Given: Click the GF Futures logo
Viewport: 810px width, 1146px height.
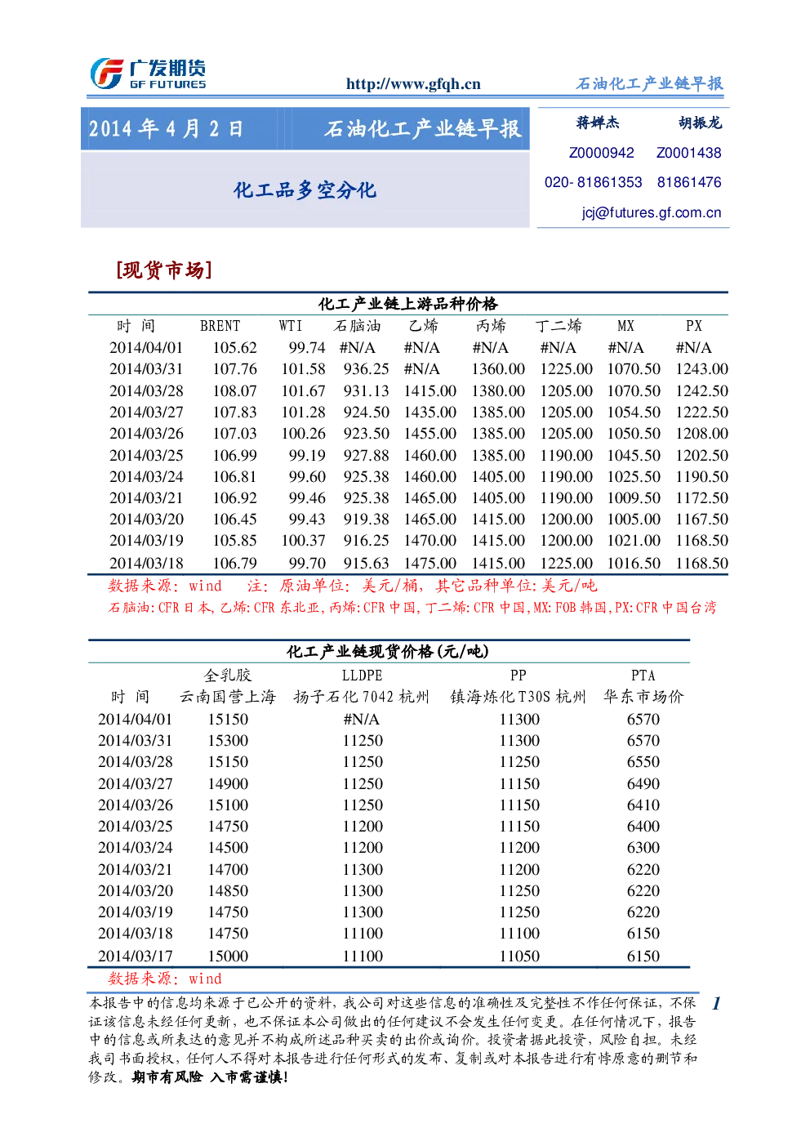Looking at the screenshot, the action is pyautogui.click(x=149, y=74).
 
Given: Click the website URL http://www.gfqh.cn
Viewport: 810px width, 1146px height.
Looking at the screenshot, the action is pyautogui.click(x=413, y=84).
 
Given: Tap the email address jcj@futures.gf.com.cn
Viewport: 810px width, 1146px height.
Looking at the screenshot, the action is pyautogui.click(x=652, y=213).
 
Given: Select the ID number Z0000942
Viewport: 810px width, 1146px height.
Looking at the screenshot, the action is pyautogui.click(x=601, y=153).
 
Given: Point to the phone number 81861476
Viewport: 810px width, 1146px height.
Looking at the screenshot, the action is pyautogui.click(x=689, y=182).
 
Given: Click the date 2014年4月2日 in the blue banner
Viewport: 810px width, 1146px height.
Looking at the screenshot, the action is pyautogui.click(x=166, y=129).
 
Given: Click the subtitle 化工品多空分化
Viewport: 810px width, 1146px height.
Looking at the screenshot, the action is pyautogui.click(x=305, y=190).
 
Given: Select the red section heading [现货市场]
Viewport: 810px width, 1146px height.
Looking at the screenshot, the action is pyautogui.click(x=164, y=270).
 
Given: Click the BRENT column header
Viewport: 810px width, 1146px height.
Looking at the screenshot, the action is pyautogui.click(x=220, y=326).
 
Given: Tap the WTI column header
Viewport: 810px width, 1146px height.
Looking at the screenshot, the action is pyautogui.click(x=291, y=326).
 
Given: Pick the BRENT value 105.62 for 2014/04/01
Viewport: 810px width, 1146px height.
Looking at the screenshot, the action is pyautogui.click(x=234, y=348).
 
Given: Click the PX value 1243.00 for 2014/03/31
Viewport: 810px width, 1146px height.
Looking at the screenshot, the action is pyautogui.click(x=701, y=369).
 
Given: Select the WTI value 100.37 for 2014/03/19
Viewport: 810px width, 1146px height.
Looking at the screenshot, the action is pyautogui.click(x=303, y=541).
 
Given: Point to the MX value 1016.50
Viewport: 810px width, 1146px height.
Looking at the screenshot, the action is pyautogui.click(x=634, y=564).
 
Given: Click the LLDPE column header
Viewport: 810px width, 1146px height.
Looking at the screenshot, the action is pyautogui.click(x=362, y=676).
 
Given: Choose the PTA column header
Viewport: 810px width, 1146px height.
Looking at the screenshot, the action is pyautogui.click(x=643, y=676).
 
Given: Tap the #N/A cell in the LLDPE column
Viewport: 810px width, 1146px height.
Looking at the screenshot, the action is pyautogui.click(x=362, y=720).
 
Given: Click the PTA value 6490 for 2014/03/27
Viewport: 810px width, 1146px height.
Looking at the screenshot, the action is pyautogui.click(x=643, y=784).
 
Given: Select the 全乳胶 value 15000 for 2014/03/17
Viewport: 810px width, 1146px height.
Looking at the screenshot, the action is pyautogui.click(x=228, y=956).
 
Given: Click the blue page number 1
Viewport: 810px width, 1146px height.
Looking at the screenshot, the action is pyautogui.click(x=716, y=1003).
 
